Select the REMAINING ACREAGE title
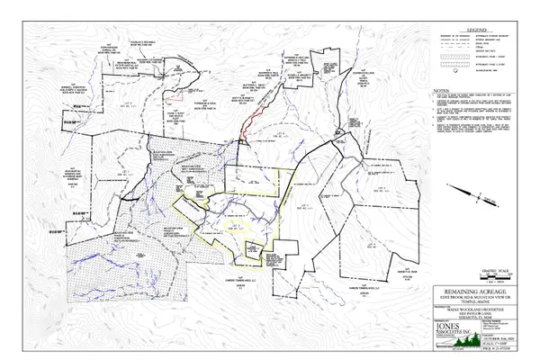[462, 290]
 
